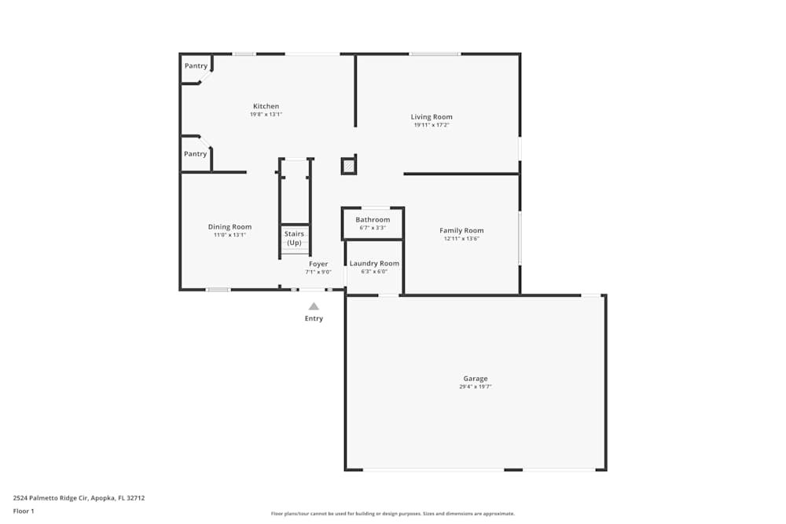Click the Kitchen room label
click(266, 106)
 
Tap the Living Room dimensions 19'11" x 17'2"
click(431, 125)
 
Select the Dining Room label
click(230, 227)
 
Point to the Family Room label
click(461, 230)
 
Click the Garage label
click(476, 379)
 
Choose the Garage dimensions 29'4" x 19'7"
click(476, 387)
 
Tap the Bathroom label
click(373, 219)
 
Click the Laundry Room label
click(374, 263)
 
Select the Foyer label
click(318, 264)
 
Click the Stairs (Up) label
click(294, 238)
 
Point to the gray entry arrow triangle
click(314, 306)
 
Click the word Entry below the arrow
click(314, 319)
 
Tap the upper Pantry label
click(196, 66)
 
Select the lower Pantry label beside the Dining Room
click(195, 154)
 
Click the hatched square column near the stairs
click(348, 165)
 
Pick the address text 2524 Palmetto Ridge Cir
click(50, 498)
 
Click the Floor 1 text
click(24, 511)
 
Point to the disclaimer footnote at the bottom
click(392, 514)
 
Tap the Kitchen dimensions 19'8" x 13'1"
click(266, 114)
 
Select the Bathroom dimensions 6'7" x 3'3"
click(373, 228)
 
